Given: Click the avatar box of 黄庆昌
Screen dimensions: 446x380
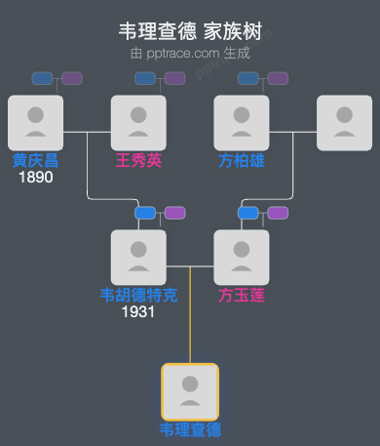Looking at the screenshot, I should [35, 123].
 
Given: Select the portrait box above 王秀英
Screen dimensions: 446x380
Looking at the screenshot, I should [138, 123].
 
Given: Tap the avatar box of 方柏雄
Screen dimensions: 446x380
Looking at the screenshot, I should [242, 123].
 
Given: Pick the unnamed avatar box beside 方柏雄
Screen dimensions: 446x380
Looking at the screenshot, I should [345, 123].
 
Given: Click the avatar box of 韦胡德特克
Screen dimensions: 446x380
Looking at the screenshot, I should [138, 258].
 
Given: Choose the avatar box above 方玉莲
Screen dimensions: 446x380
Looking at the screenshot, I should [242, 258].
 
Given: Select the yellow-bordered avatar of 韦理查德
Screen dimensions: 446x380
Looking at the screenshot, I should [190, 391].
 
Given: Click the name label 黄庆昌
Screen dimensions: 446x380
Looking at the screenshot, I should [35, 160].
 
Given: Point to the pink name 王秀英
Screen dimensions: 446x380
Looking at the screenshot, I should [138, 160].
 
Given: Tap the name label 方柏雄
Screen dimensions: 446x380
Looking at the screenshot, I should [242, 160].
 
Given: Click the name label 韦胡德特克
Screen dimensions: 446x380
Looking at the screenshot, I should [138, 295].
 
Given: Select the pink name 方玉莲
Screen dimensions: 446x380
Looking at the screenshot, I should [242, 295].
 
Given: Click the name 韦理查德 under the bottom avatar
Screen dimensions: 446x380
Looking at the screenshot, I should [190, 429].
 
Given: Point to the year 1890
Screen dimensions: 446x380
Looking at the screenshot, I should [35, 178].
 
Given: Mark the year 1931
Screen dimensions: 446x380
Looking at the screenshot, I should [138, 312].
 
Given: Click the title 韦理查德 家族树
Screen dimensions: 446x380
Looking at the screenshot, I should [190, 32].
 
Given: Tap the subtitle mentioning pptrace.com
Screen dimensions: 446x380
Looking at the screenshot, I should [190, 53].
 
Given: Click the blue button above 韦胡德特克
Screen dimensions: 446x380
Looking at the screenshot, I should [145, 213].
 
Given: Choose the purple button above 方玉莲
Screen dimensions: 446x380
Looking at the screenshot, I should [278, 213].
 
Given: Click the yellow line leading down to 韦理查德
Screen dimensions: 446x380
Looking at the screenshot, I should [190, 322].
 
